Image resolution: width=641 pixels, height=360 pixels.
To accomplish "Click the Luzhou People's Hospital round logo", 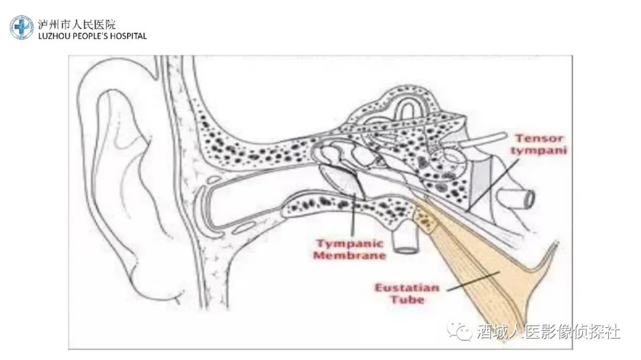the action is (x=22, y=28).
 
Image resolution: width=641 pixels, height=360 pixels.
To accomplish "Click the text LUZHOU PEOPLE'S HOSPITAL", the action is (x=93, y=36).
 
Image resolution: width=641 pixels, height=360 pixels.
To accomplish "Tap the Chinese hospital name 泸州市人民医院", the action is (x=77, y=24).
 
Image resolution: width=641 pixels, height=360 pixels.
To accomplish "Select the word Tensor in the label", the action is (x=539, y=138).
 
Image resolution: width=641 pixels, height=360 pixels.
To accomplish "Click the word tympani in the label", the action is (x=539, y=151).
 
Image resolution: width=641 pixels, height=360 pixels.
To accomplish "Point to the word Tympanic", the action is (x=350, y=244).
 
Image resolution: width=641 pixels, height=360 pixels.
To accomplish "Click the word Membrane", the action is (x=350, y=256).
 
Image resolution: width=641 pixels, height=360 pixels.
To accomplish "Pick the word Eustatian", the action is (x=407, y=288).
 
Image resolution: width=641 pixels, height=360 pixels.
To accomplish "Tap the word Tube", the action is (x=407, y=300).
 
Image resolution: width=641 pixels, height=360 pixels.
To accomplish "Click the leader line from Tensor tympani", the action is (x=494, y=184).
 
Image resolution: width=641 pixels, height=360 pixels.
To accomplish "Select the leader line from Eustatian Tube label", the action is (x=472, y=281).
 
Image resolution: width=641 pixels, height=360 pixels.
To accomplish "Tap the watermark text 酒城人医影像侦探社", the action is (x=548, y=331).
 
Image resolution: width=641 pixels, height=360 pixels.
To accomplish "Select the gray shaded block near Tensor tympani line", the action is (x=480, y=180).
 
